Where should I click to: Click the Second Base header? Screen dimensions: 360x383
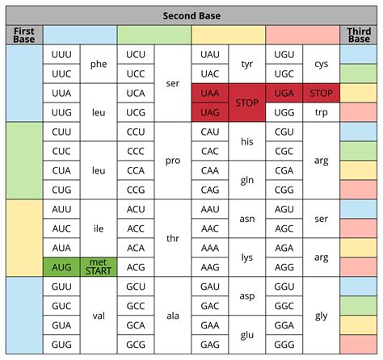pyautogui.click(x=191, y=15)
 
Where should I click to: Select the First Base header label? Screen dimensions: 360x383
pyautogui.click(x=23, y=35)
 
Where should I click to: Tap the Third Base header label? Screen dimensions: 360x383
pyautogui.click(x=359, y=35)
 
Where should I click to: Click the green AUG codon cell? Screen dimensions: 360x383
pyautogui.click(x=61, y=266)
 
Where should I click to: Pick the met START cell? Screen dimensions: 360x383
pyautogui.click(x=99, y=266)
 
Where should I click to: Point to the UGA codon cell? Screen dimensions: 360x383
pyautogui.click(x=284, y=93)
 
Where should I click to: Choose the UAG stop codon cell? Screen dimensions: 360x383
pyautogui.click(x=210, y=112)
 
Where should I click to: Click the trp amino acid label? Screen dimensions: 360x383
pyautogui.click(x=322, y=112)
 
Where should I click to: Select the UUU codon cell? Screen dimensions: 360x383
pyautogui.click(x=61, y=54)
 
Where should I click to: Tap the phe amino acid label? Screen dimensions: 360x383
pyautogui.click(x=99, y=64)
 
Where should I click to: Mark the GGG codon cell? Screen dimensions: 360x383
pyautogui.click(x=284, y=344)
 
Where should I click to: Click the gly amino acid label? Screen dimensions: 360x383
pyautogui.click(x=322, y=315)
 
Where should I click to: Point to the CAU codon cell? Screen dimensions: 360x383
pyautogui.click(x=210, y=132)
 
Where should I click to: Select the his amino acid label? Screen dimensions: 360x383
pyautogui.click(x=247, y=141)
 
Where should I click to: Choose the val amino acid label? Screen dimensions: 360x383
pyautogui.click(x=99, y=315)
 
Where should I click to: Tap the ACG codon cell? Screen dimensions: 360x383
pyautogui.click(x=136, y=266)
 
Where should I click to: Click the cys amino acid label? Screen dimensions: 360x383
pyautogui.click(x=322, y=64)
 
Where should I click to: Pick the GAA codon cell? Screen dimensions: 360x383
pyautogui.click(x=210, y=324)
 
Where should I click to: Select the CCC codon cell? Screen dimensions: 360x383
pyautogui.click(x=136, y=151)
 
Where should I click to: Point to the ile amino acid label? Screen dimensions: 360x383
pyautogui.click(x=99, y=228)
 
